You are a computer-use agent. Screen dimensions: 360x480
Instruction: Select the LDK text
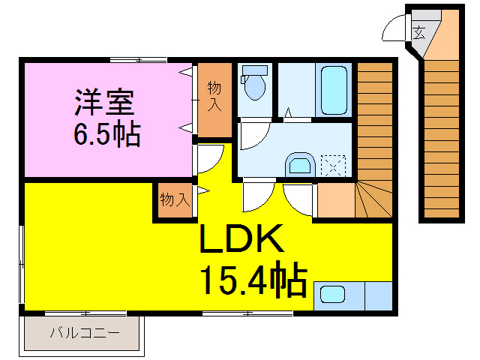click(241, 240)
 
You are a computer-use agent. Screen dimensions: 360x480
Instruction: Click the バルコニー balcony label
click(84, 332)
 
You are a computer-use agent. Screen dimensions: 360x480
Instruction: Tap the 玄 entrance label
click(418, 32)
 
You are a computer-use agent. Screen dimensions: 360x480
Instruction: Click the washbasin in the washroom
click(299, 164)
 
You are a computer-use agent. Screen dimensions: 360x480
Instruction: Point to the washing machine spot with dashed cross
click(332, 164)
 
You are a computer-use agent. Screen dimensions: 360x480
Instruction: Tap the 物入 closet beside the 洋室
click(214, 100)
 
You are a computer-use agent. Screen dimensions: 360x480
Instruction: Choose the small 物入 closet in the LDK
click(174, 200)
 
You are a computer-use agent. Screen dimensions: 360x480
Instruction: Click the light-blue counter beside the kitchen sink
click(377, 295)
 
